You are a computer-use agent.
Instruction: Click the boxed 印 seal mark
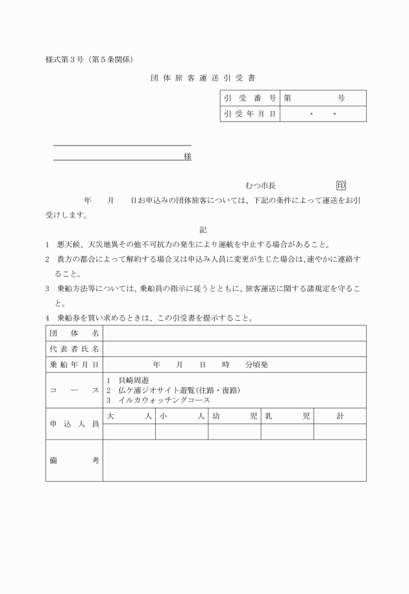coord(341,186)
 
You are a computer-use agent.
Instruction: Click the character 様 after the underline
coord(187,156)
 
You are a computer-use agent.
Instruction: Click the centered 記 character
coord(203,230)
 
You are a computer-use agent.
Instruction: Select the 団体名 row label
coord(74,333)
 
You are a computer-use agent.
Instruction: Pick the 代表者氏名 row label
coord(74,349)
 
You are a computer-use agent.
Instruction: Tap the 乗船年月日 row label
coord(74,365)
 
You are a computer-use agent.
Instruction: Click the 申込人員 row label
coord(74,424)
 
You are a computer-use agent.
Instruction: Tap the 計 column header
coord(340,416)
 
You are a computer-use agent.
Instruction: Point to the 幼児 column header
coord(234,416)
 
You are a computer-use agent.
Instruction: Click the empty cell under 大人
coord(129,432)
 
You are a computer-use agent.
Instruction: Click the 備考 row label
coord(74,460)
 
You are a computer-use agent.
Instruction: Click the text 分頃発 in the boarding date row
coord(256,365)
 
